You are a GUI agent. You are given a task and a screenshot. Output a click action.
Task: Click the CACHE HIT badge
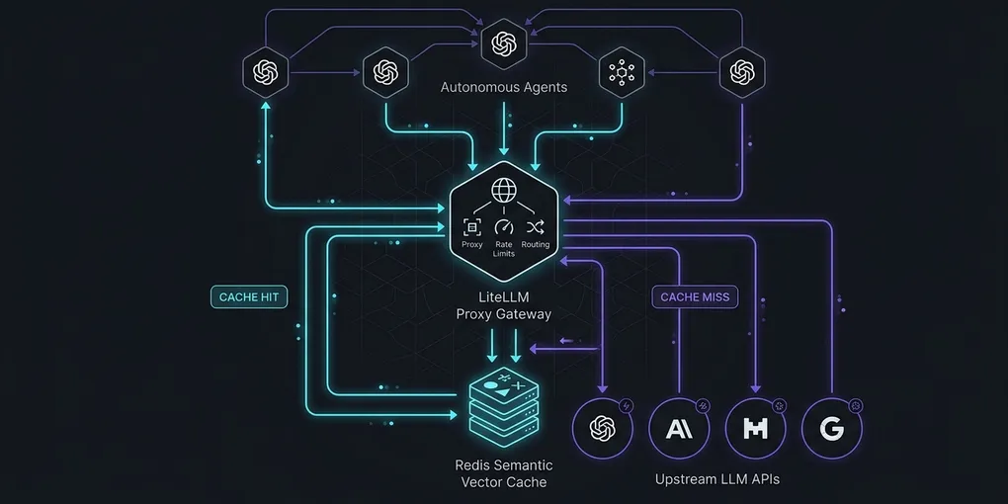(249, 297)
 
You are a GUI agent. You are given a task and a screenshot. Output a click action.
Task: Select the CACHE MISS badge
(695, 297)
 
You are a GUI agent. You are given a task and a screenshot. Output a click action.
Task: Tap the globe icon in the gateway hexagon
(503, 190)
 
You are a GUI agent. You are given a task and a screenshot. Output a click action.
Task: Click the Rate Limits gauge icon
(503, 227)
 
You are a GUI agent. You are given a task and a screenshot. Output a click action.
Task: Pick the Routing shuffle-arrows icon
(536, 226)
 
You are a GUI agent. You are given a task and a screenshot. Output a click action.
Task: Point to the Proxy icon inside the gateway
(471, 226)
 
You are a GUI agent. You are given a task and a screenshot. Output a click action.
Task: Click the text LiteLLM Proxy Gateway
(503, 306)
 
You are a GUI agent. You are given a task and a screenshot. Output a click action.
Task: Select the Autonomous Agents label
(503, 87)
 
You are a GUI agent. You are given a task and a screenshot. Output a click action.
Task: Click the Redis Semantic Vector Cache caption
(503, 473)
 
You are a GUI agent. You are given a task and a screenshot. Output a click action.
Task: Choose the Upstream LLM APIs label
(716, 479)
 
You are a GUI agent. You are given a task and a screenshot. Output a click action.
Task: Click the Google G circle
(832, 428)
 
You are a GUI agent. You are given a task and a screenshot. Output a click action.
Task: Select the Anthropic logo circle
(679, 428)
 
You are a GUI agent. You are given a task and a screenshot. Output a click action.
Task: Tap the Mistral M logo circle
(755, 428)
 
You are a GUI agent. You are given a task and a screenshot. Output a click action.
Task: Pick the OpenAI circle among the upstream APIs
(603, 428)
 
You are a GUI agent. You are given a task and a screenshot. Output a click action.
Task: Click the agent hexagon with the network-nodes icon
(622, 72)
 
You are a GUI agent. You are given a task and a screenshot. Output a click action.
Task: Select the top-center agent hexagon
(503, 43)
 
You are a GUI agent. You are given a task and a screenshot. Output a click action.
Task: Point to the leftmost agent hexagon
(266, 72)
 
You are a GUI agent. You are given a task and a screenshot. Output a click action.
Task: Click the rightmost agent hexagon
(742, 72)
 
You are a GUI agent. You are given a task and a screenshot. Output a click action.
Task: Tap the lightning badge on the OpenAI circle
(626, 405)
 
